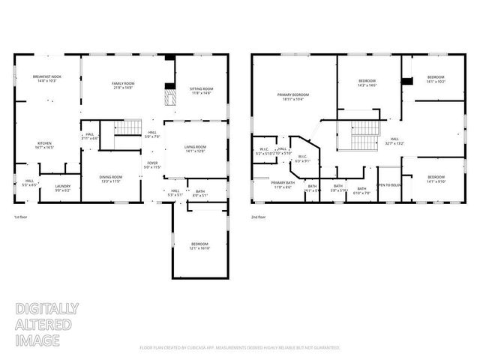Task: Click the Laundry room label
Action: [63, 190]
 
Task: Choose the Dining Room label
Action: [111, 179]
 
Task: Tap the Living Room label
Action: [195, 149]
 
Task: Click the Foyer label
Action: [152, 163]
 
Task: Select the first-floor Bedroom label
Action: [199, 246]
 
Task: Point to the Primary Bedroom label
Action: [293, 96]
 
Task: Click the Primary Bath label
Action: [282, 184]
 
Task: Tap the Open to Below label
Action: [388, 185]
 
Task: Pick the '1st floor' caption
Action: [21, 218]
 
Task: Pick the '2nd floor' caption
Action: [259, 218]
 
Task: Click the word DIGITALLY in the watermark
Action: [47, 308]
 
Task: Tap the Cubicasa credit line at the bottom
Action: [240, 347]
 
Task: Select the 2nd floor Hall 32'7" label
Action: [394, 141]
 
